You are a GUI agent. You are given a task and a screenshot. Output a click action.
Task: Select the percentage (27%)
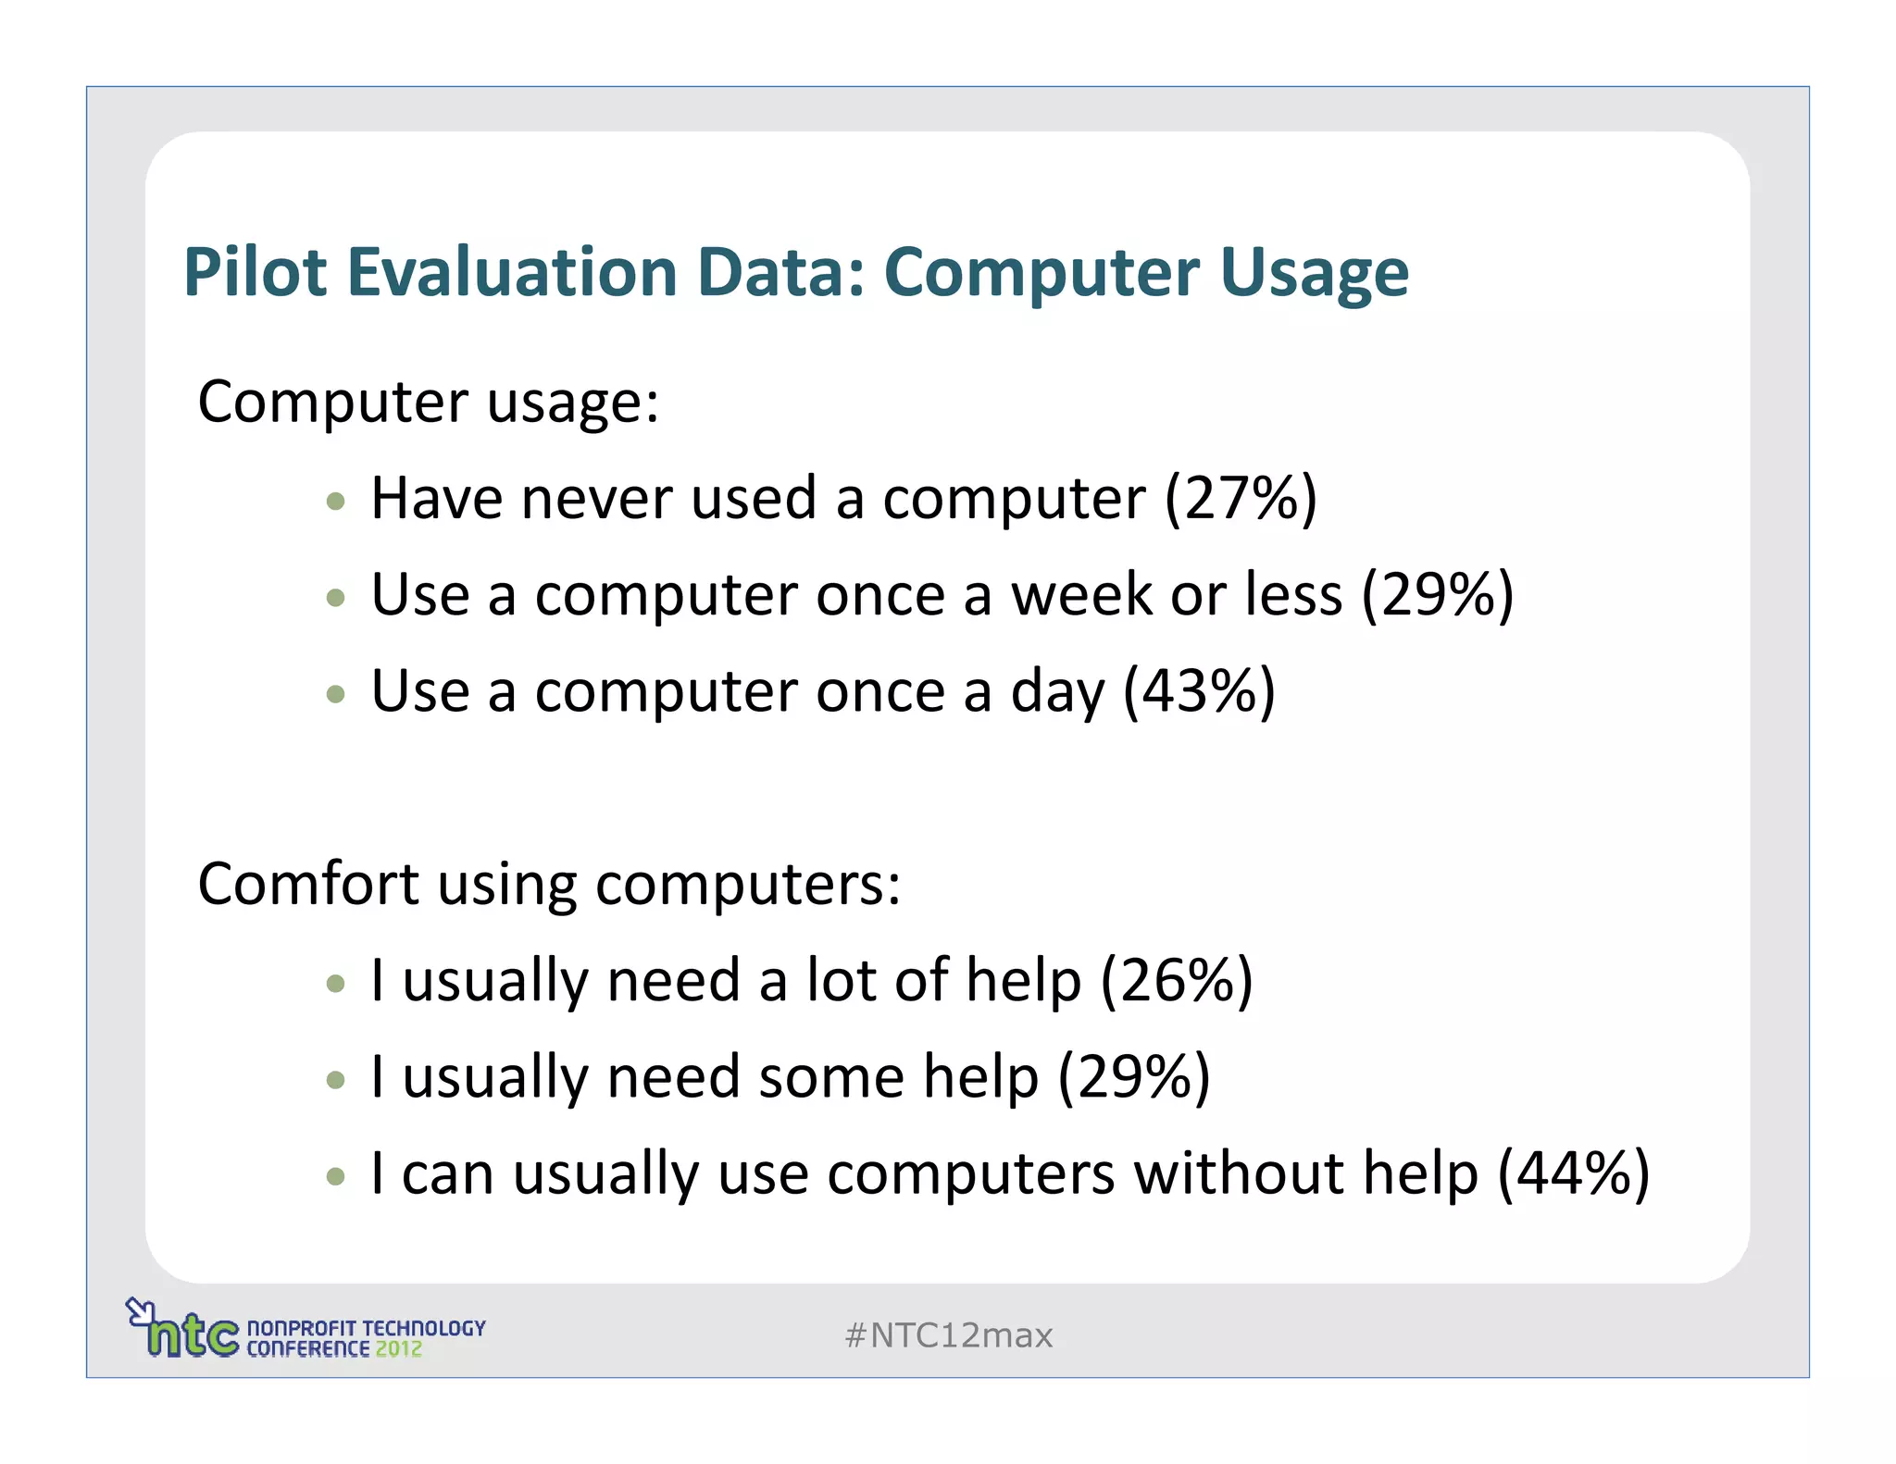[x=1241, y=499]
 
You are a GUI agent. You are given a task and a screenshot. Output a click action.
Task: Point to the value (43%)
[x=1199, y=691]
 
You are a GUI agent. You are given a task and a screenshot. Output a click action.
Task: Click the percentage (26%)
[x=1177, y=981]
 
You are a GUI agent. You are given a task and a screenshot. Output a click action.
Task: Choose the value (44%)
[x=1574, y=1173]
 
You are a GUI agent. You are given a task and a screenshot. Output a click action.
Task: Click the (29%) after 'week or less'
[x=1437, y=595]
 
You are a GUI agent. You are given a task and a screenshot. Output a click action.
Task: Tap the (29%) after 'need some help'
[x=1134, y=1077]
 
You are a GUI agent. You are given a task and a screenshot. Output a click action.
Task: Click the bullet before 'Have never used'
[x=336, y=502]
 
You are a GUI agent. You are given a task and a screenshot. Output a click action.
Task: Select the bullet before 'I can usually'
[x=336, y=1177]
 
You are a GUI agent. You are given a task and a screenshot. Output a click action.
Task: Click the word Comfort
[x=308, y=884]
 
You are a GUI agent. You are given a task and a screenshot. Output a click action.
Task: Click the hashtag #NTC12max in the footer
[x=948, y=1335]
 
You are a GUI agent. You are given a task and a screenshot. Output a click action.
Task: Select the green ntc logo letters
[x=193, y=1335]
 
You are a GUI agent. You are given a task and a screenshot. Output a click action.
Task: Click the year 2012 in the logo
[x=398, y=1349]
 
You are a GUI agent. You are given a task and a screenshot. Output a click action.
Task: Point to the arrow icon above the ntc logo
[x=138, y=1310]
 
